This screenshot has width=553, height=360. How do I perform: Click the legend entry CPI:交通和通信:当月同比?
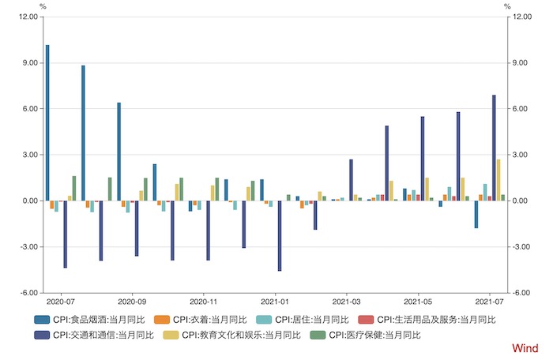coord(94,336)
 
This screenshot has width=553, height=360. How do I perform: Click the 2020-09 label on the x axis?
coord(131,302)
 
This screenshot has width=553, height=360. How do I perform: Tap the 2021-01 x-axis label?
coord(275,302)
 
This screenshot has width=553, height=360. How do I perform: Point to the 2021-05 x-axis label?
coord(418,302)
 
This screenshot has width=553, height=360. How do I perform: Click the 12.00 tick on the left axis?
coord(26,17)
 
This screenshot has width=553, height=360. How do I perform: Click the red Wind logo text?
coord(525,348)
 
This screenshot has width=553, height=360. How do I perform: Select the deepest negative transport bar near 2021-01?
coord(280,236)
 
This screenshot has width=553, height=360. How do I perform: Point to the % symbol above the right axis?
coord(506,6)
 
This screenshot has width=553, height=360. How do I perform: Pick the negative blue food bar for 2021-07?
coord(476,214)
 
